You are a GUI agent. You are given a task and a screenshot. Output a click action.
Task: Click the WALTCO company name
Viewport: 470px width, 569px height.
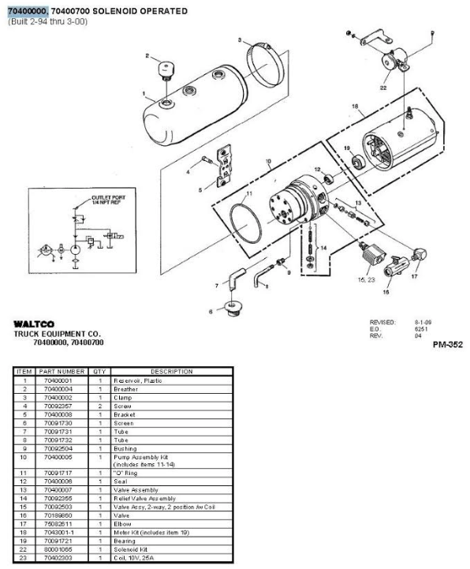(32, 324)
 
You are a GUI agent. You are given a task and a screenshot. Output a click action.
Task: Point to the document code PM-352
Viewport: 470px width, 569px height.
(447, 344)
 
